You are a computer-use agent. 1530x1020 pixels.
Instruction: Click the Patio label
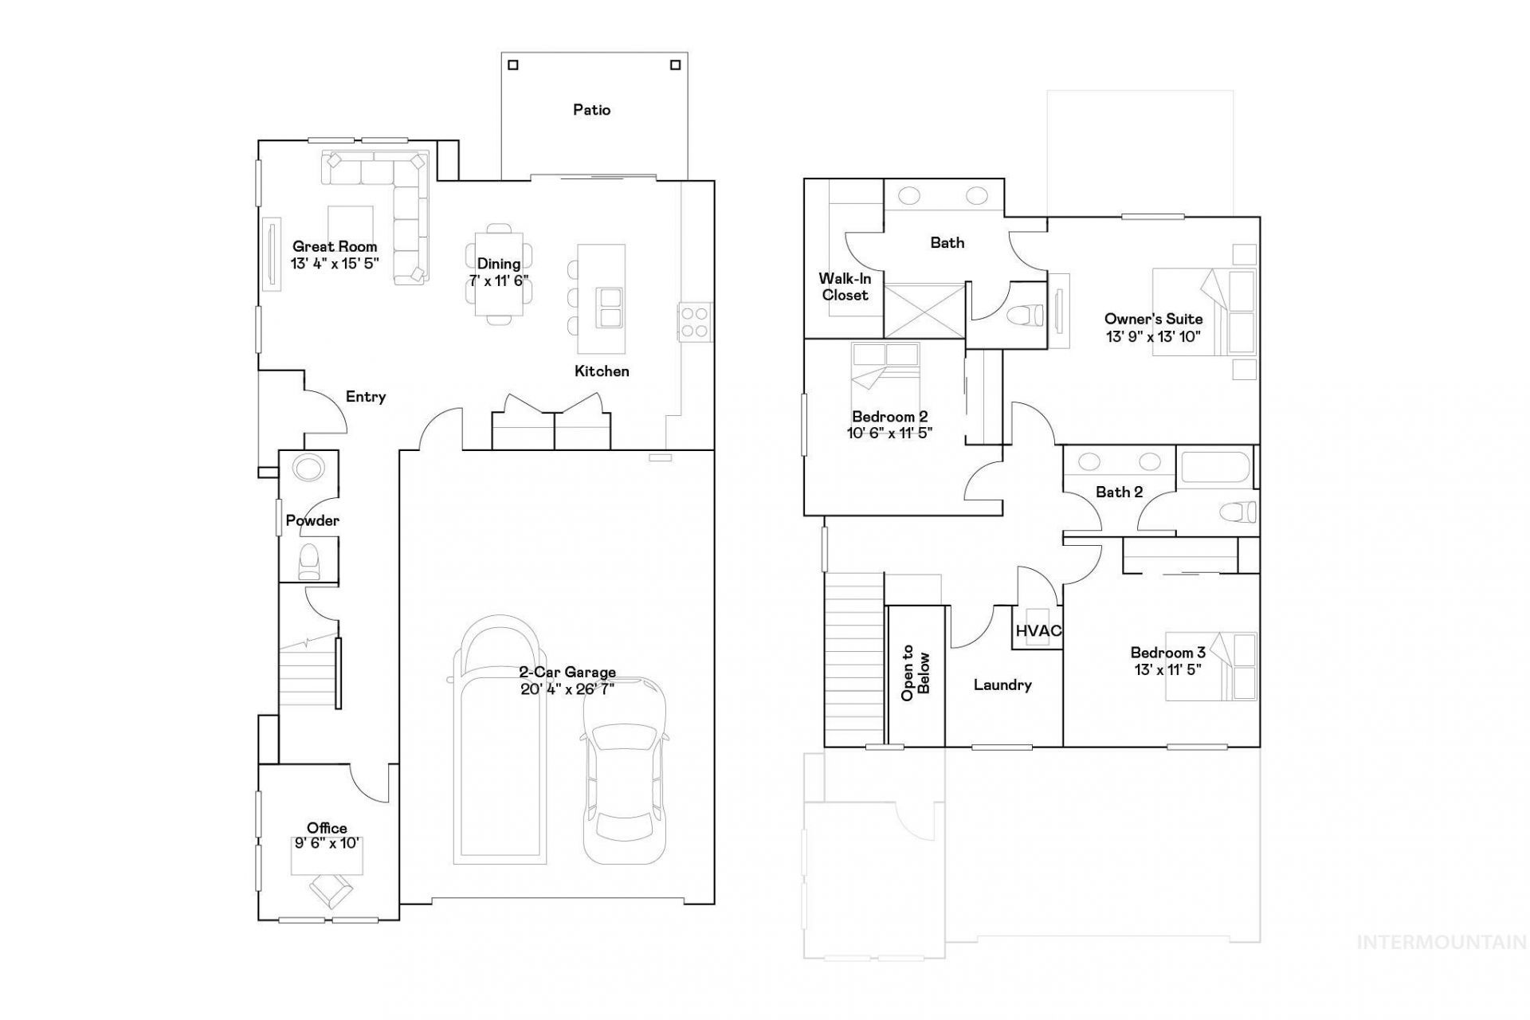click(591, 110)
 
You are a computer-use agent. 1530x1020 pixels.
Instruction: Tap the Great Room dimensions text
click(335, 264)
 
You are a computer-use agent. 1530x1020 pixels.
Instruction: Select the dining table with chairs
click(499, 274)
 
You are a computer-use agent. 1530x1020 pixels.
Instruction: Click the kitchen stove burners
click(695, 322)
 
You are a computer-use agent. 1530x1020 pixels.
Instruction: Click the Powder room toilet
click(308, 561)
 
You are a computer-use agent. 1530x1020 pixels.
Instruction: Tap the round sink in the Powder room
click(306, 467)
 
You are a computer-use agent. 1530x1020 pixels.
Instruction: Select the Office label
click(327, 829)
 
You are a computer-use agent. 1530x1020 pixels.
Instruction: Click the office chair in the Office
click(331, 890)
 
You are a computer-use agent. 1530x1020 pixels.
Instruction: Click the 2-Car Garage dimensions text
click(567, 689)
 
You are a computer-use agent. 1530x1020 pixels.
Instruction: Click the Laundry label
click(1002, 685)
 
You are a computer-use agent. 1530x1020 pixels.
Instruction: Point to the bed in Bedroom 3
click(1211, 666)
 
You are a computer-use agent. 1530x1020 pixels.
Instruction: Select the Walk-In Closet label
click(845, 287)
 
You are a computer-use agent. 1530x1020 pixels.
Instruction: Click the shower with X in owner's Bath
click(924, 309)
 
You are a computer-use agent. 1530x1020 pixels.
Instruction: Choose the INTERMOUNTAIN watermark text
click(1442, 943)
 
